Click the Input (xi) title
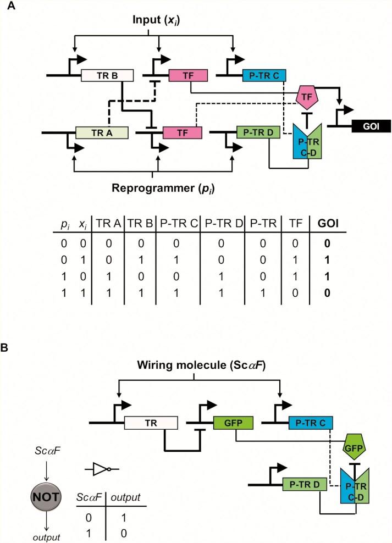coord(159,20)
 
